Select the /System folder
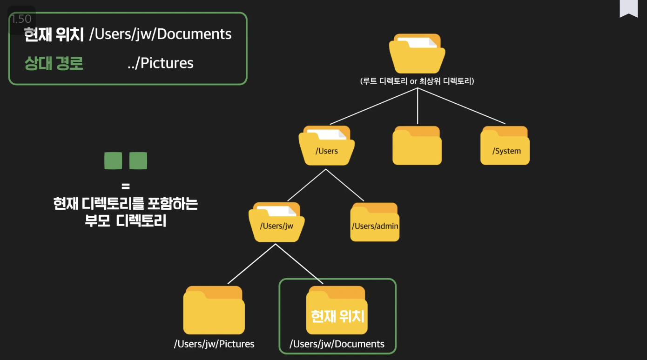(505, 146)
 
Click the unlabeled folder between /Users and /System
(417, 146)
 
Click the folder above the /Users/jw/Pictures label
(214, 310)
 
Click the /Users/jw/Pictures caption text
(214, 344)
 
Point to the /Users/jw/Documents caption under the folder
(337, 344)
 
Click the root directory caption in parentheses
(417, 81)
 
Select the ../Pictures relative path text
(161, 63)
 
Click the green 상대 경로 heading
(54, 63)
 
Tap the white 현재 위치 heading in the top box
(54, 34)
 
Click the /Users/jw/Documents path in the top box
(161, 34)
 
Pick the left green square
(113, 161)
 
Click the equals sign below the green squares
(125, 187)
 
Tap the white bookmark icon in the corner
(628, 8)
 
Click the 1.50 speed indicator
(21, 19)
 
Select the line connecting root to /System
(461, 106)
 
